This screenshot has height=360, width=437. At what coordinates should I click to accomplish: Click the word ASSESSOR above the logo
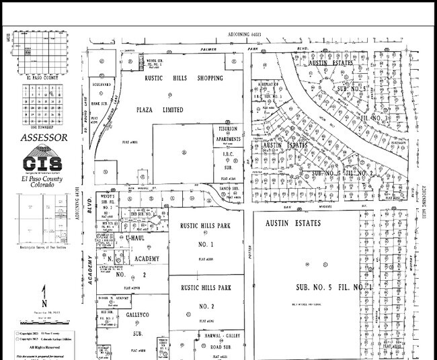tap(44, 138)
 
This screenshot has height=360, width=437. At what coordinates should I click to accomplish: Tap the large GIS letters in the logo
tap(42, 163)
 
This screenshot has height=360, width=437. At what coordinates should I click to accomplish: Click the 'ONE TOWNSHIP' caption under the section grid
tap(43, 125)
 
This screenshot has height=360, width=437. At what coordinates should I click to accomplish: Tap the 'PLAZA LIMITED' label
tap(160, 109)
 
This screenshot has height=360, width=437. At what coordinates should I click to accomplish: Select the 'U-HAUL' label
tap(135, 239)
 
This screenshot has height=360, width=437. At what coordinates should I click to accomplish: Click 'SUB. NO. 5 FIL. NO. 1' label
tap(334, 287)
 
